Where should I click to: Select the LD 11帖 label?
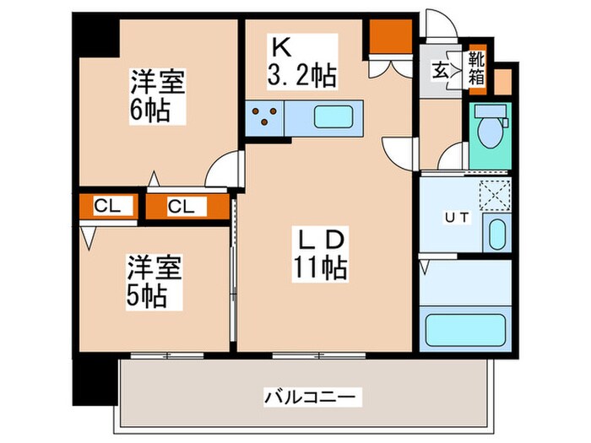tap(318, 255)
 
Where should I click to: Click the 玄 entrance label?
tap(441, 70)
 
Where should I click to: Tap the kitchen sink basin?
tap(333, 116)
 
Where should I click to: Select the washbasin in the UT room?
tap(495, 232)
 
